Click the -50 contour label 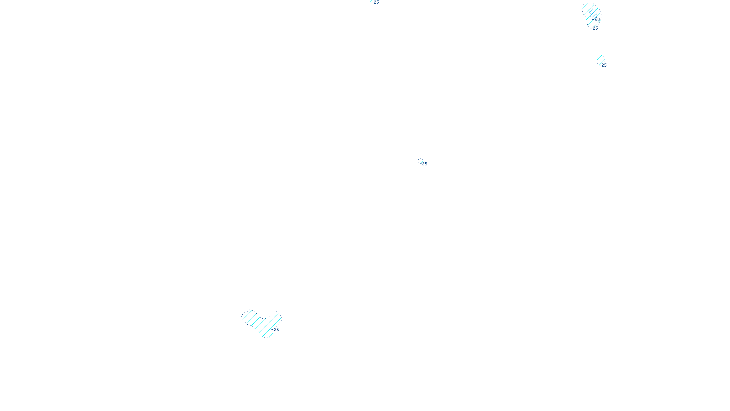[597, 20]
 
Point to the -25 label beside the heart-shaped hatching [276, 330]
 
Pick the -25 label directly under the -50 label [594, 28]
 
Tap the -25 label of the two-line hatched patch [603, 65]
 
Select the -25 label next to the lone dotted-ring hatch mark [424, 164]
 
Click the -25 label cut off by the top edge [375, 2]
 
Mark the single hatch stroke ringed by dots [420, 161]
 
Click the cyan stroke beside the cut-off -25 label [371, 1]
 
